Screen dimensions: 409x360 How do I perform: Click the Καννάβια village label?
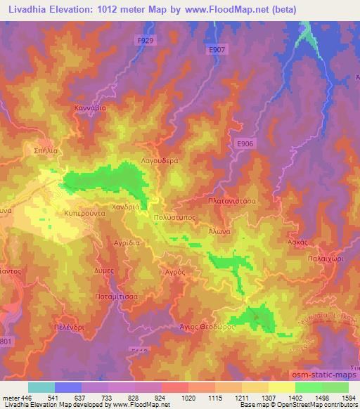pyautogui.click(x=89, y=108)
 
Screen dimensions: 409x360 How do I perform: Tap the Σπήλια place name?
pyautogui.click(x=46, y=150)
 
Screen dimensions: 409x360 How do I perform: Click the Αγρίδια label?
pyautogui.click(x=108, y=240)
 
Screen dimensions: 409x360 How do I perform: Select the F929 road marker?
pyautogui.click(x=145, y=41)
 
